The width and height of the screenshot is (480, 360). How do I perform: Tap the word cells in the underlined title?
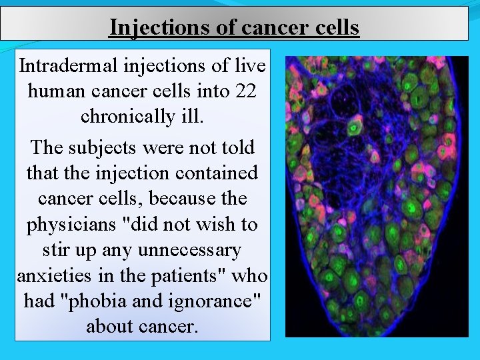(x=333, y=27)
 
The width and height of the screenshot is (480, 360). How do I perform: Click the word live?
(x=251, y=67)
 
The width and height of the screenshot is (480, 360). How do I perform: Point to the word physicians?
(x=72, y=225)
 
